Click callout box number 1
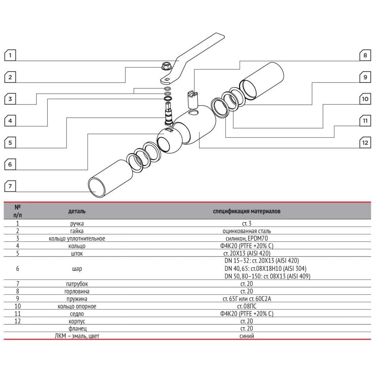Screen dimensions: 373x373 [x=10, y=56]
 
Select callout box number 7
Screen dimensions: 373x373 [x=10, y=186]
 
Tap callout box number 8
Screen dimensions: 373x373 [x=364, y=56]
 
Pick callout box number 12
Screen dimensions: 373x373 [x=364, y=142]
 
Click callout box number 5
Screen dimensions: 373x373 [x=10, y=142]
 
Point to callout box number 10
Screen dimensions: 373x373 [x=364, y=99]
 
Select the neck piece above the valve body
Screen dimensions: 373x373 [x=191, y=99]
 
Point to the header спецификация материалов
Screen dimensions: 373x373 [x=247, y=211]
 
